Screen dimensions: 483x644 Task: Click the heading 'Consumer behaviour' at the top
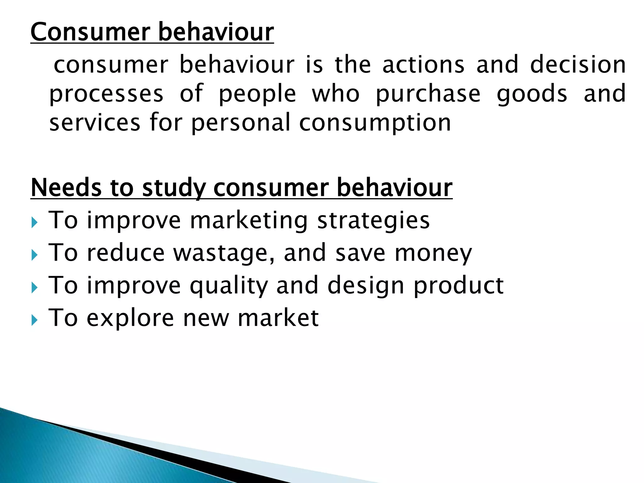coord(152,32)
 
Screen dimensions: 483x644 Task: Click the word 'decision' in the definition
coord(578,64)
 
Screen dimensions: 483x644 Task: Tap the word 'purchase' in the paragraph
coord(428,94)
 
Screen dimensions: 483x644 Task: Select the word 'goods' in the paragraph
coord(532,94)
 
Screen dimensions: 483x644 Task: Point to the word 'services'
coord(95,123)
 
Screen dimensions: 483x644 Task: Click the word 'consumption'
coord(375,123)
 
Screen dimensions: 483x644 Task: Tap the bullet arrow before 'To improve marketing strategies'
coord(35,223)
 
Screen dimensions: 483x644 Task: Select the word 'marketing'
coord(249,221)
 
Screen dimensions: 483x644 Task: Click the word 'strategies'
coord(373,221)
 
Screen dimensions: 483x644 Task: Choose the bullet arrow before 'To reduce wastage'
coord(35,255)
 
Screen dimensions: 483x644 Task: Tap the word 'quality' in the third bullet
coord(229,286)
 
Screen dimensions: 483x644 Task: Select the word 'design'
coord(365,286)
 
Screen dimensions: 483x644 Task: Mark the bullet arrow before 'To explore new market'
coord(35,320)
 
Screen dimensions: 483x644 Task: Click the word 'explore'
coord(130,318)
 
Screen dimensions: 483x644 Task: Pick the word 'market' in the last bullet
coord(278,318)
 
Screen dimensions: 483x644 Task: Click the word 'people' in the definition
coord(257,94)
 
